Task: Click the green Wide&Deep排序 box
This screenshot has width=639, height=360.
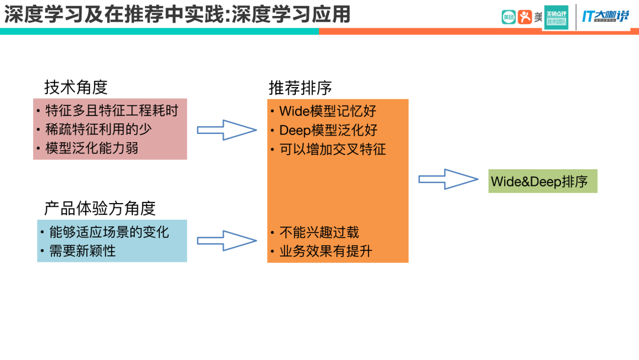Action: (543, 181)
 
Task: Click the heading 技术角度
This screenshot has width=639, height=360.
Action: (76, 88)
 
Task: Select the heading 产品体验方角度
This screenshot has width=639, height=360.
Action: (99, 208)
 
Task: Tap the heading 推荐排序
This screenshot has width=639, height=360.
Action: (300, 88)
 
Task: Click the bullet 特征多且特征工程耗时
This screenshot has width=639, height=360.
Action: (111, 111)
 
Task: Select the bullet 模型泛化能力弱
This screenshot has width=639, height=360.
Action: (92, 147)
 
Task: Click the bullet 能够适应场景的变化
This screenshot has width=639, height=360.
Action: (109, 232)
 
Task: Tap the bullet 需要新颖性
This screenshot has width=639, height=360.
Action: (82, 250)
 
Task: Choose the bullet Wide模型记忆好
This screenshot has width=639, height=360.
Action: (327, 111)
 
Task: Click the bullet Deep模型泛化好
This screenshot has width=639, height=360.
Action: (328, 130)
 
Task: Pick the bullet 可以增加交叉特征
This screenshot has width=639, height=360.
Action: (333, 149)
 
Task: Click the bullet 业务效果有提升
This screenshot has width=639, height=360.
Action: (325, 251)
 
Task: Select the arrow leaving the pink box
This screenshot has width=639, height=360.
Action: (227, 130)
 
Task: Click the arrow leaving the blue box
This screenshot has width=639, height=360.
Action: (227, 240)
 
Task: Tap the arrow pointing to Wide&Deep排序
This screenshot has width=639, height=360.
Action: (448, 179)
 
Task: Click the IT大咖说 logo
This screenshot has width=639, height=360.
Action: (605, 17)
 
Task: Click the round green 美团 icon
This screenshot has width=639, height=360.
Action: (508, 17)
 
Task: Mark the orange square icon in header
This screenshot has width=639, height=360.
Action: (525, 17)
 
